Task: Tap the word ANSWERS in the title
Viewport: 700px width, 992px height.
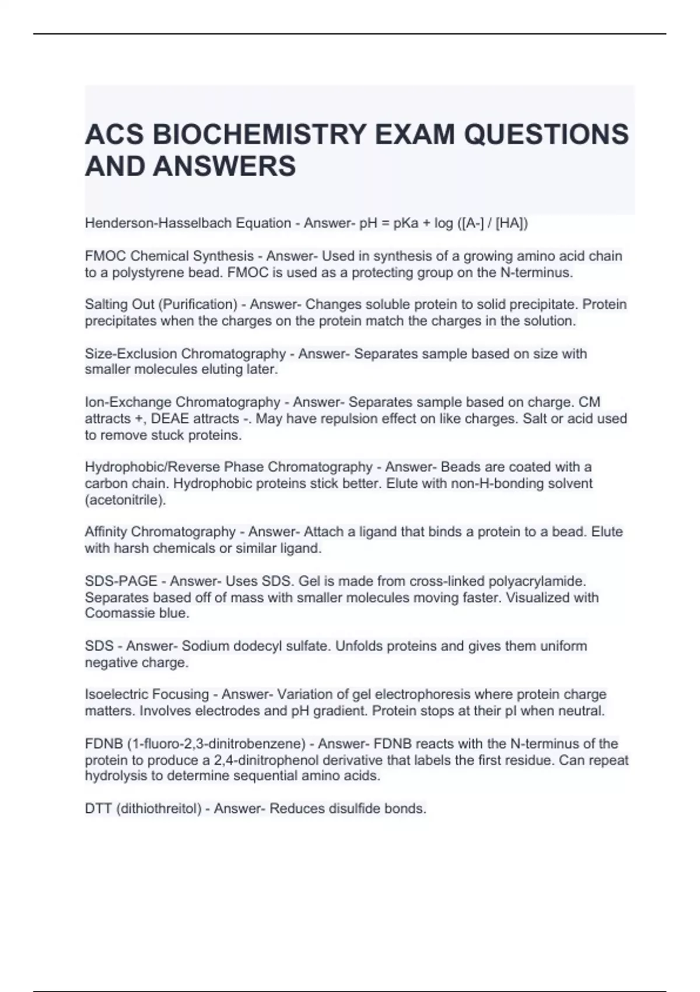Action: [224, 166]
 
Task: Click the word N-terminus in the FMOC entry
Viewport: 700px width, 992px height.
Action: [536, 273]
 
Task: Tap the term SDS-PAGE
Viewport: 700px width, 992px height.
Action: [121, 581]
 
